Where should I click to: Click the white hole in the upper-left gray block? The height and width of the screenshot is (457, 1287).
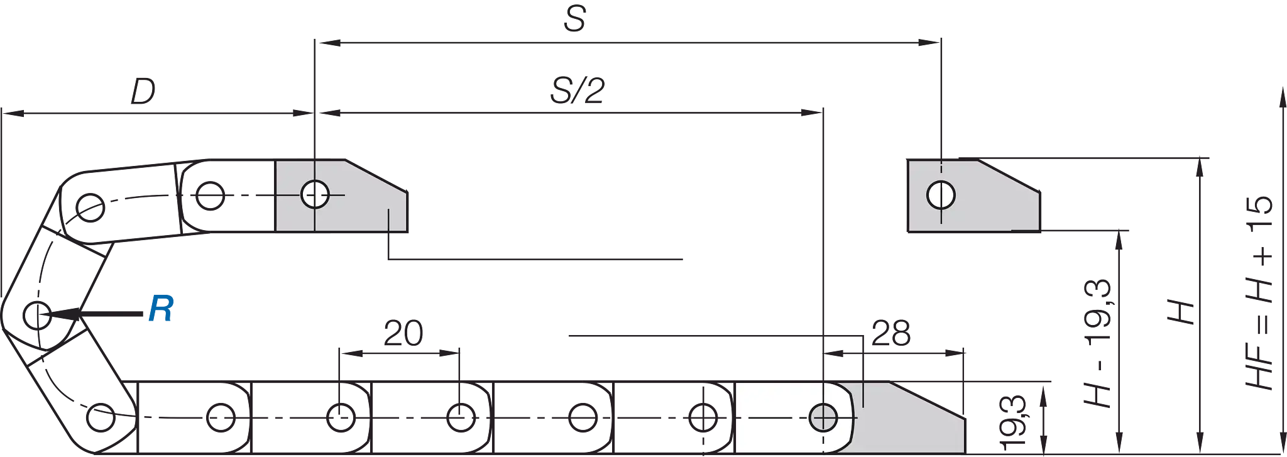point(315,195)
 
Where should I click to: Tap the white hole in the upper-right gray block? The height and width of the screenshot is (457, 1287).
point(941,195)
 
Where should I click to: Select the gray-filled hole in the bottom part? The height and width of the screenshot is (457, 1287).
point(823,417)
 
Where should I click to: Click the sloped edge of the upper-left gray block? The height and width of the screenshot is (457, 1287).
point(375,177)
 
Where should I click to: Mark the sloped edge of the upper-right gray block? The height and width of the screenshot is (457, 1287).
point(1007,177)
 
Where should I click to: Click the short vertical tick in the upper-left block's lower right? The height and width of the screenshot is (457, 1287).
point(390,219)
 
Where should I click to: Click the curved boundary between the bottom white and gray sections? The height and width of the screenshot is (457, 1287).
point(852,417)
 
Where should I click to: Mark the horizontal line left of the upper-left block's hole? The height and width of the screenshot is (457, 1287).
point(288,195)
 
